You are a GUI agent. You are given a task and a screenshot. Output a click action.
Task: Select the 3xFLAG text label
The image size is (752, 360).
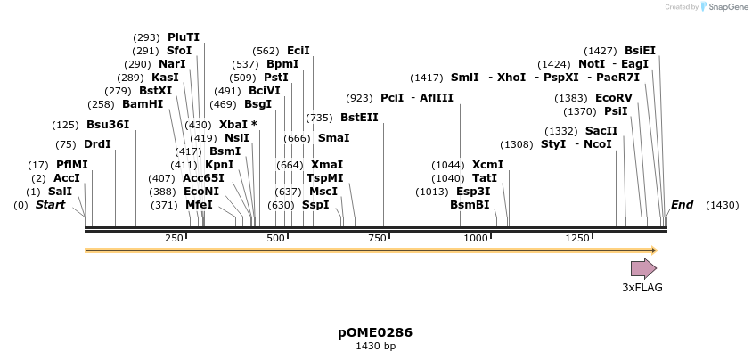[642, 288]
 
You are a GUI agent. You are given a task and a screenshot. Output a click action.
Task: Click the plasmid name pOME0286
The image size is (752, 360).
[375, 332]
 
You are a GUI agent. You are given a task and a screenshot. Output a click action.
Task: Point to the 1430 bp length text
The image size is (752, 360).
[375, 346]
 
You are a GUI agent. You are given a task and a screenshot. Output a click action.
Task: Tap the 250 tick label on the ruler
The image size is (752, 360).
[174, 238]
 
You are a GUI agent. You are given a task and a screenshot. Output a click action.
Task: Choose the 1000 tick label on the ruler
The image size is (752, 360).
[476, 238]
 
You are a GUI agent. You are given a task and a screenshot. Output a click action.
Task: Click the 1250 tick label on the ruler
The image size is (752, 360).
[577, 238]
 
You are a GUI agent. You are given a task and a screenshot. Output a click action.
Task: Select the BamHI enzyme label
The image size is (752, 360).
[143, 104]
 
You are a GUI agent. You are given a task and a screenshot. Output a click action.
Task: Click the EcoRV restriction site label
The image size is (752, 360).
[613, 98]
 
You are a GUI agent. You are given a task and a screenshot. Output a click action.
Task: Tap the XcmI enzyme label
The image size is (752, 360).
[487, 165]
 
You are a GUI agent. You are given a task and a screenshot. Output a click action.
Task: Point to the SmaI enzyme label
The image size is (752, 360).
[333, 138]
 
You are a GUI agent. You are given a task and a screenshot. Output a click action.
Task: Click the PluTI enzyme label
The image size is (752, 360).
[184, 37]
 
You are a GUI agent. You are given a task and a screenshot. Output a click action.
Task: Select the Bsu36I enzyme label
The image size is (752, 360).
[108, 125]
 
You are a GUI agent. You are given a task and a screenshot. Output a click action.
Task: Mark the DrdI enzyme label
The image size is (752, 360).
[97, 144]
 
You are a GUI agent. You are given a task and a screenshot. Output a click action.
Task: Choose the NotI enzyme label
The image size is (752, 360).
[592, 64]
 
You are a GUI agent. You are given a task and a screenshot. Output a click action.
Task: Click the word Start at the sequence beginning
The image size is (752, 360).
[50, 205]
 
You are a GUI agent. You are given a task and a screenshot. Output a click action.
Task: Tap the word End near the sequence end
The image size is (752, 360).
[682, 205]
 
